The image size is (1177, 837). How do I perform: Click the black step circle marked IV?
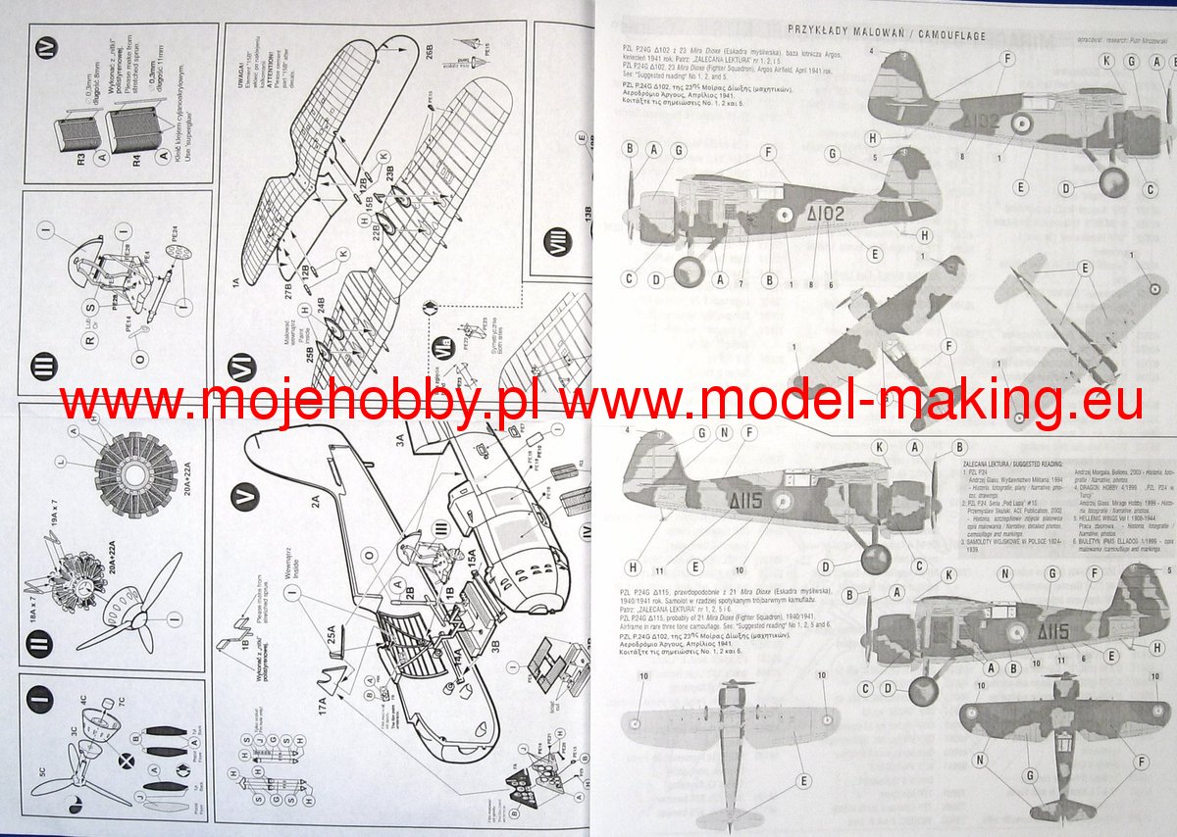[51, 47]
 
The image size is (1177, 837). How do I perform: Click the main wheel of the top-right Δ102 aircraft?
[1113, 182]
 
